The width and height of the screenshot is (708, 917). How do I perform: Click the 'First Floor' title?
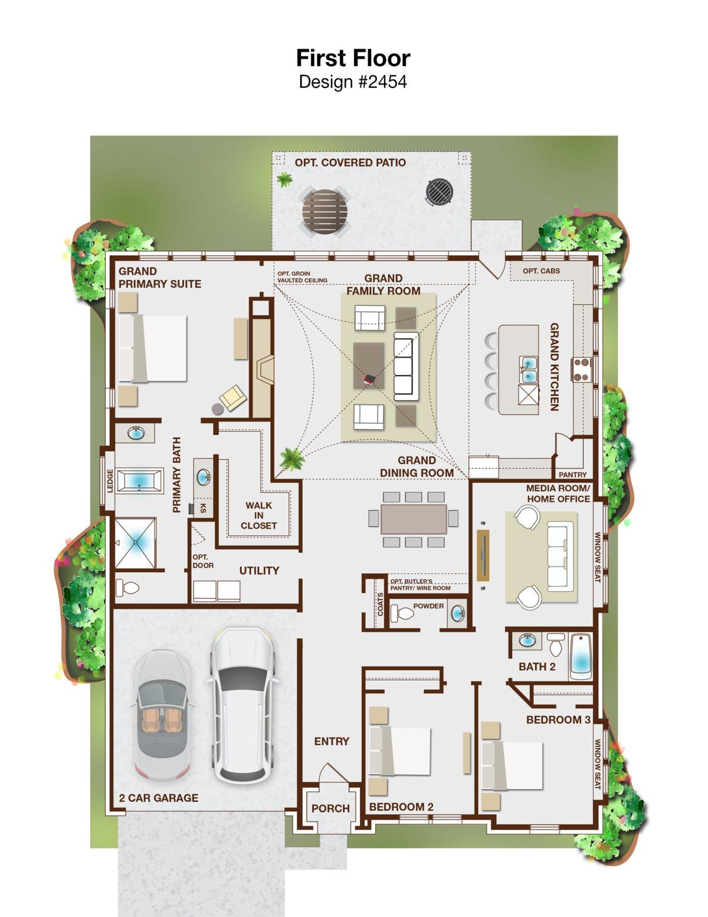(x=353, y=58)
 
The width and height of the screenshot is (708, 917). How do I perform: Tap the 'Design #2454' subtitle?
(x=353, y=81)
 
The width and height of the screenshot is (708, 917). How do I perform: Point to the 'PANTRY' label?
(x=572, y=475)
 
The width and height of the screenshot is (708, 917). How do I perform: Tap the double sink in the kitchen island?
(x=529, y=369)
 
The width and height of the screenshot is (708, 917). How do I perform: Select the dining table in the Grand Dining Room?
(x=413, y=519)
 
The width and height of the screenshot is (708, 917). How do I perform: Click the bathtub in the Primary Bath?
(x=139, y=480)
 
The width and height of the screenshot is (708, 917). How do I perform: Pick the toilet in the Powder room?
(x=402, y=613)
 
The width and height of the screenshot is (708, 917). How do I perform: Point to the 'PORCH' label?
(x=330, y=808)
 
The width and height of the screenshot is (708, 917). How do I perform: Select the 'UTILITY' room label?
(x=259, y=570)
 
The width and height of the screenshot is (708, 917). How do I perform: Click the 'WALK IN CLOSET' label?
(x=258, y=515)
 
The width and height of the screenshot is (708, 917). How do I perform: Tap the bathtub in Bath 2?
(x=581, y=656)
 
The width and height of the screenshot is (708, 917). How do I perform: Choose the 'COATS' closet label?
(x=381, y=604)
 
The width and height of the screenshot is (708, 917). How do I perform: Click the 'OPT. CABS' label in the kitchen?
(x=542, y=271)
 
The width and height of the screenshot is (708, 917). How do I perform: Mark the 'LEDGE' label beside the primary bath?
(x=110, y=481)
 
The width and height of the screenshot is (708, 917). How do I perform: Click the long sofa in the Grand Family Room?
(x=406, y=366)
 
